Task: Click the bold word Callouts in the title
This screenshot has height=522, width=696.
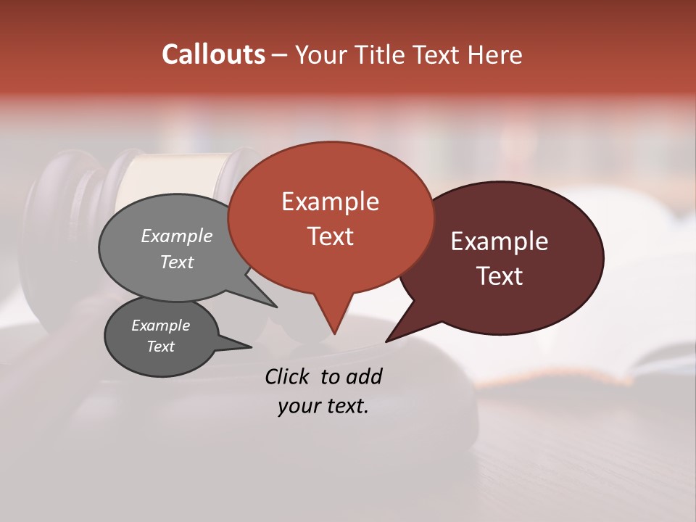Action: (213, 54)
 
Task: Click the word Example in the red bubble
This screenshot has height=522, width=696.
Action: (330, 202)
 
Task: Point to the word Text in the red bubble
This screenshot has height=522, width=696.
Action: (330, 236)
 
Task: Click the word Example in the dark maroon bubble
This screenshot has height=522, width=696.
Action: (500, 241)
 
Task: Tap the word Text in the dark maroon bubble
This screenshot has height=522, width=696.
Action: (500, 275)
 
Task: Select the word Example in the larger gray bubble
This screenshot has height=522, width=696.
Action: (177, 236)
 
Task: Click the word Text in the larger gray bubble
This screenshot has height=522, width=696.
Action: (177, 262)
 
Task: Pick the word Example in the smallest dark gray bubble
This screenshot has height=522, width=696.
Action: (161, 326)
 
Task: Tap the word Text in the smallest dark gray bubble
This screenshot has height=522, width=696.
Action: (161, 347)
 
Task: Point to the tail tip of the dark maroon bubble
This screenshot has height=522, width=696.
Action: (386, 341)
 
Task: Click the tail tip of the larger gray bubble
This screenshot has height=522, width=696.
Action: (276, 307)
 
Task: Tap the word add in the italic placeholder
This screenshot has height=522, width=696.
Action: (364, 376)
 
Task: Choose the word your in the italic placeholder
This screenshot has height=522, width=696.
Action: (299, 407)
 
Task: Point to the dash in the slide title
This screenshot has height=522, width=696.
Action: (281, 55)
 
